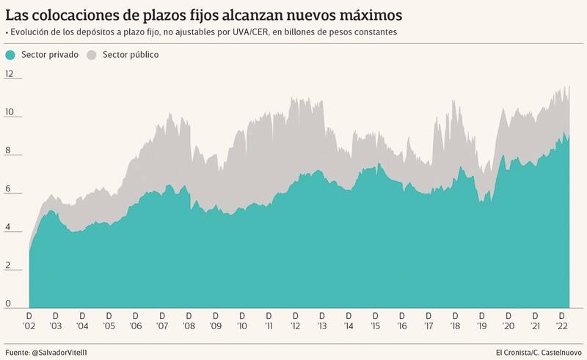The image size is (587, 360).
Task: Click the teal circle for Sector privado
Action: (10, 55)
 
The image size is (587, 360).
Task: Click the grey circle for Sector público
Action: (92, 55)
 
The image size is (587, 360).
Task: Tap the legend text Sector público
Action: (131, 55)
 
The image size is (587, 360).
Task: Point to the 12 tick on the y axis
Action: (10, 74)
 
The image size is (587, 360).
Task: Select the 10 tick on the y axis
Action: (10, 112)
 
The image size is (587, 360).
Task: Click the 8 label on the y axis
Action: (8, 150)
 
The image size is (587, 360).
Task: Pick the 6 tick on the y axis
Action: (8, 188)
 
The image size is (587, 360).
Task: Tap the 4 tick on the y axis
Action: (8, 227)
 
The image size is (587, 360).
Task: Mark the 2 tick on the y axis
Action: (8, 265)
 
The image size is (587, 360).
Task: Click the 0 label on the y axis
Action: (8, 303)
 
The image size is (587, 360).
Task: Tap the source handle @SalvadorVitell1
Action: (64, 353)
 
